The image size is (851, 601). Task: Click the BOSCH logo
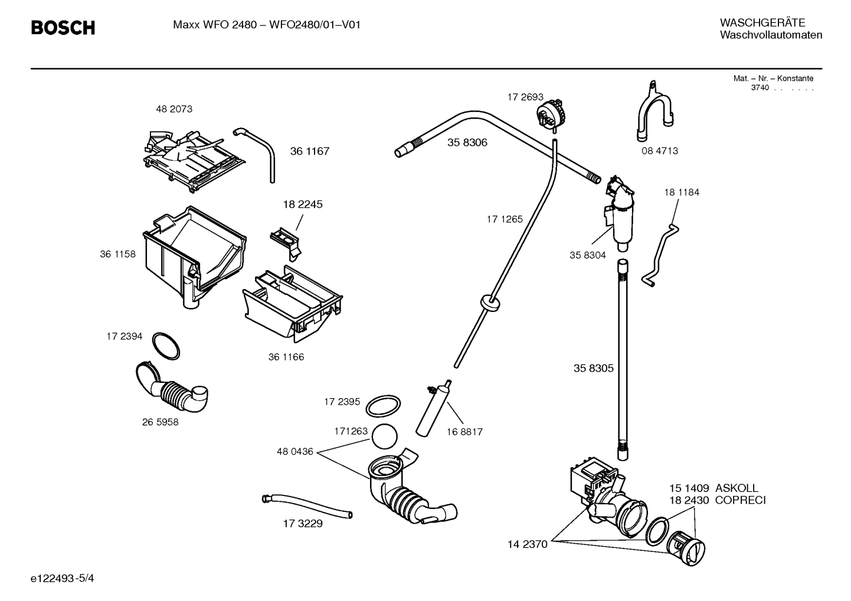pyautogui.click(x=63, y=28)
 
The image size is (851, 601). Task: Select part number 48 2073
pyautogui.click(x=174, y=109)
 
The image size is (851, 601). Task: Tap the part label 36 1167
pyautogui.click(x=309, y=151)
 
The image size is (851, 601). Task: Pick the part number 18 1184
pyautogui.click(x=681, y=192)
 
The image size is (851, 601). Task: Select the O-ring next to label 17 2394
pyautogui.click(x=166, y=346)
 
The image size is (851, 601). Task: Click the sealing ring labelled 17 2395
pyautogui.click(x=383, y=406)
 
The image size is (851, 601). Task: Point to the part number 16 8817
pyautogui.click(x=464, y=432)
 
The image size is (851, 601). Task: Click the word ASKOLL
pyautogui.click(x=737, y=488)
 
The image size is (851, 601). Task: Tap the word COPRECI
pyautogui.click(x=740, y=500)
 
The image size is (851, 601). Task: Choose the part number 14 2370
pyautogui.click(x=527, y=544)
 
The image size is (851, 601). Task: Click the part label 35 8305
pyautogui.click(x=593, y=368)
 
